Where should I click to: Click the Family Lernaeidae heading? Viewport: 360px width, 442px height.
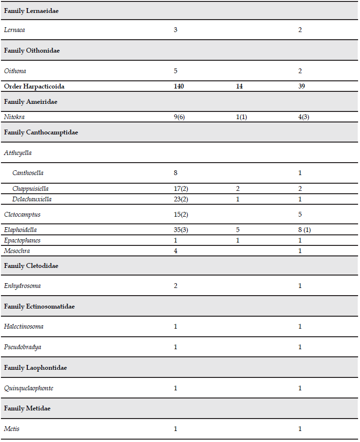point(31,11)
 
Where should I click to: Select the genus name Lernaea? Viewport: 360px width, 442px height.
point(15,30)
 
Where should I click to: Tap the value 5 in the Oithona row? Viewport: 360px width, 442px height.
point(176,71)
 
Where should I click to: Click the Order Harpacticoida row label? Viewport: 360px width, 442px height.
point(34,87)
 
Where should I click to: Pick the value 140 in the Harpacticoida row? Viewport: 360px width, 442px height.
point(179,87)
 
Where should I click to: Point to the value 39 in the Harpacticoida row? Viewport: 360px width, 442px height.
point(302,87)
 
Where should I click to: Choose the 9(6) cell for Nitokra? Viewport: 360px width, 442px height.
point(180,117)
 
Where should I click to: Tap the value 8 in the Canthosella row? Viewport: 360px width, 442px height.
point(176,173)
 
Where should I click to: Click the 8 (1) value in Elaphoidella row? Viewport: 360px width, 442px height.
point(304,230)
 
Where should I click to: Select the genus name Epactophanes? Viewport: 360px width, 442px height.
point(22,240)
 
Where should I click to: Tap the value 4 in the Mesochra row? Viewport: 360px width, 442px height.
point(176,250)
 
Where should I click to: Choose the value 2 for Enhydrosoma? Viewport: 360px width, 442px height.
point(176,286)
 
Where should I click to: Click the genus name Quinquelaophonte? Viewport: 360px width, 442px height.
point(28,388)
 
